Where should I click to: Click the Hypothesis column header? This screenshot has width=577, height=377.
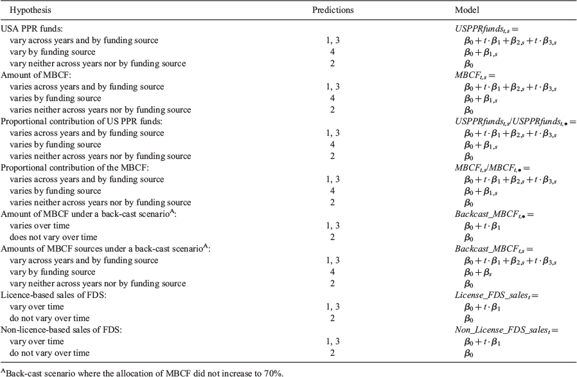[x=31, y=10]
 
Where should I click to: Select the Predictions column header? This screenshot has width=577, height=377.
[x=333, y=10]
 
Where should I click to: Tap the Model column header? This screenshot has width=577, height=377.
[x=467, y=10]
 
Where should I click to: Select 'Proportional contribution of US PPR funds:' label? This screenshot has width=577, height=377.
[x=82, y=121]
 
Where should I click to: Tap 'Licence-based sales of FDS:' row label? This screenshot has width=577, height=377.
[x=53, y=295]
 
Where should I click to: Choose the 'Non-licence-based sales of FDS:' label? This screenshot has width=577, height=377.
[x=61, y=330]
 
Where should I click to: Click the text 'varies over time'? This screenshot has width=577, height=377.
[x=39, y=226]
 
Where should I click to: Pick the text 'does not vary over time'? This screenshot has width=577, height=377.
[x=53, y=237]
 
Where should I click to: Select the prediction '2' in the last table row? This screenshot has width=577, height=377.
[x=333, y=353]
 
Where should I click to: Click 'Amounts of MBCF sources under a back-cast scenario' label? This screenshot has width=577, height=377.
[x=105, y=248]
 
